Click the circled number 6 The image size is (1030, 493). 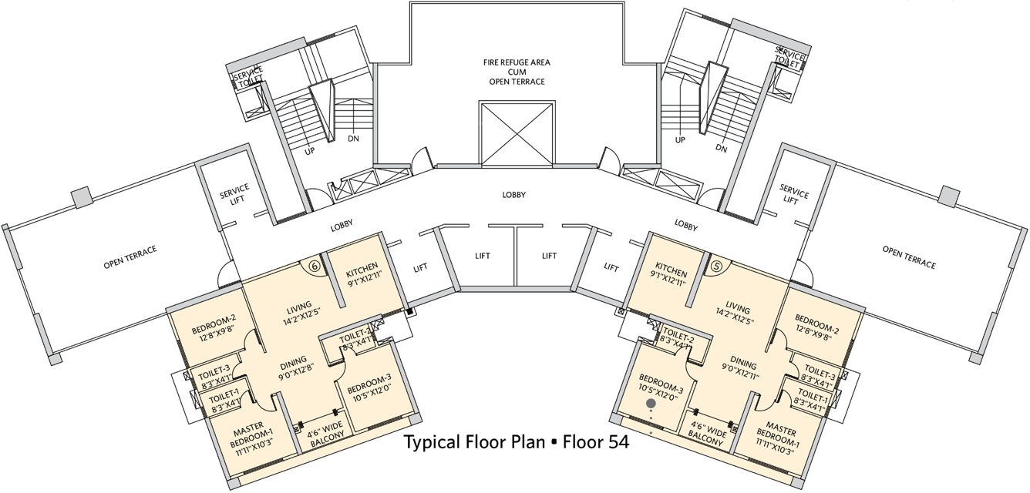314,265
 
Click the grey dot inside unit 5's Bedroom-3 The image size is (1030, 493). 651,402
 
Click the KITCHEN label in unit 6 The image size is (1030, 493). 361,273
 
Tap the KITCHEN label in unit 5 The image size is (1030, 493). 671,272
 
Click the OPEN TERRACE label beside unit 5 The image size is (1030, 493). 909,257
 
